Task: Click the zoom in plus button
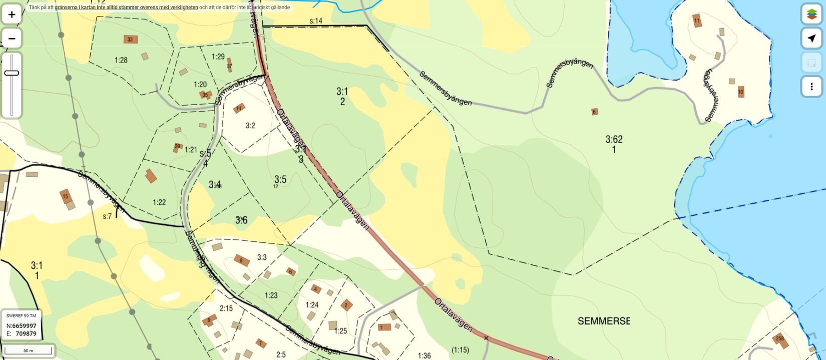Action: pos(12,15)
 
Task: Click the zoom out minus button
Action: pos(12,39)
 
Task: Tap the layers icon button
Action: pos(811,14)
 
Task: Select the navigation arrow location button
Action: pos(811,39)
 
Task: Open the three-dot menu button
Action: pos(811,87)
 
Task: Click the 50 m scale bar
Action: pos(28,350)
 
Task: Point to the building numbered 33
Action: pos(130,40)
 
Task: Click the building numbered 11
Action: pos(697,21)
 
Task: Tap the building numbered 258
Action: pos(780,339)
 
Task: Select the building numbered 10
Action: pos(741,92)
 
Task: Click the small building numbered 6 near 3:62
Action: pos(594,112)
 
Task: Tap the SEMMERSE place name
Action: pos(604,321)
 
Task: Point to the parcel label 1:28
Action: pos(121,60)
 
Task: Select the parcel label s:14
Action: pos(316,21)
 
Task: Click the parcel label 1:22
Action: pos(159,202)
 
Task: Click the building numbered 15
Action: pos(65,196)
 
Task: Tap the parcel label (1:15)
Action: pos(460,349)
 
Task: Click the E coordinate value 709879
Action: pos(26,333)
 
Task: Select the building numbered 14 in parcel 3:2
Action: pos(239,108)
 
